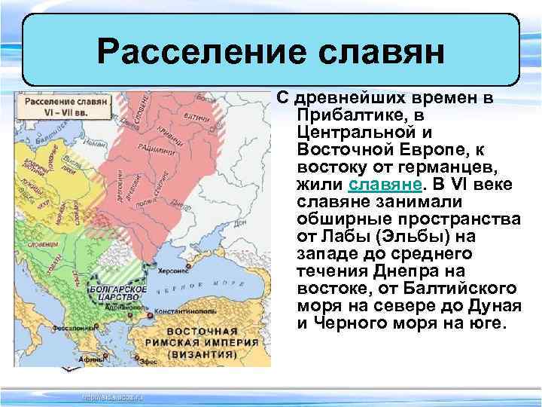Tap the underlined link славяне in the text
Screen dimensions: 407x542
tap(379, 185)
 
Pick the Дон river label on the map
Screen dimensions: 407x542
tap(241, 224)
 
